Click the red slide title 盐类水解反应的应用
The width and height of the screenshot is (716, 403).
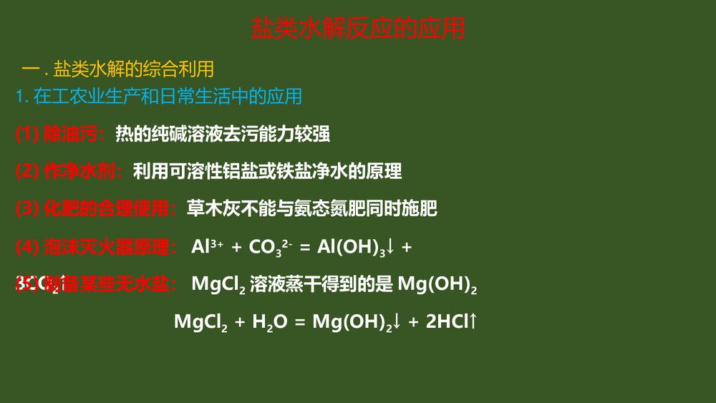pyautogui.click(x=358, y=29)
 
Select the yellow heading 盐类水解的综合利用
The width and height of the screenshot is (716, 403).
pyautogui.click(x=134, y=69)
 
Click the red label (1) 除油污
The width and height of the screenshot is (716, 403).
pyautogui.click(x=62, y=133)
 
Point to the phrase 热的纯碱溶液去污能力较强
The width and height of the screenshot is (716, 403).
pyautogui.click(x=223, y=133)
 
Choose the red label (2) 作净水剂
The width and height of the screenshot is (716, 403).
pyautogui.click(x=70, y=171)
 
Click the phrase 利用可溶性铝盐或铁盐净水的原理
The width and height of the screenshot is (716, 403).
pyautogui.click(x=267, y=171)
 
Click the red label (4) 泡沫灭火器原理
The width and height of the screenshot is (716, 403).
pyautogui.click(x=97, y=248)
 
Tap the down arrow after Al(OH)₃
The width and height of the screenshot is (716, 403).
pyautogui.click(x=391, y=248)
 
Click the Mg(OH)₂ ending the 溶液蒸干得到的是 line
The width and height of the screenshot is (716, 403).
pyautogui.click(x=437, y=285)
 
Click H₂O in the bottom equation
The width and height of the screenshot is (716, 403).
pyautogui.click(x=269, y=322)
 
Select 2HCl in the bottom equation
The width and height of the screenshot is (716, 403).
pyautogui.click(x=445, y=322)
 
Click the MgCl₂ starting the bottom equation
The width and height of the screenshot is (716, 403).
pyautogui.click(x=200, y=322)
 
